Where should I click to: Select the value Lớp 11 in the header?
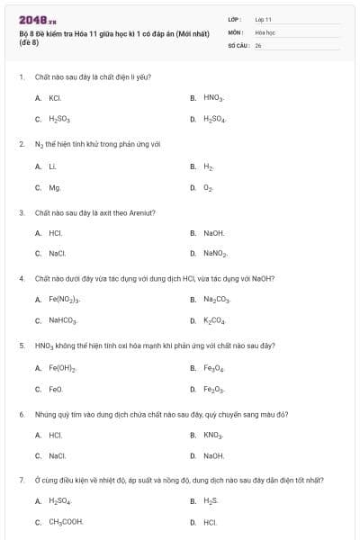point(263,18)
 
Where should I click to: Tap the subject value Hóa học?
point(265,31)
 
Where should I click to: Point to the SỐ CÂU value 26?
point(258,45)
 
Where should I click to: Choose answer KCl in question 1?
point(55,97)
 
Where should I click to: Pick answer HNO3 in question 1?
point(213,97)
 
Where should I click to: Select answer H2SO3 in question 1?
point(59,119)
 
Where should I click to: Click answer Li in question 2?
point(52,166)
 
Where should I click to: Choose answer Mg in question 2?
point(54,187)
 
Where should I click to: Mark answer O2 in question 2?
point(209,187)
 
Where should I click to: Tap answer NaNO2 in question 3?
point(215,254)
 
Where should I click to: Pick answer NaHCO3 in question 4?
point(63,320)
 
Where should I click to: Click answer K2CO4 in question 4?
point(215,320)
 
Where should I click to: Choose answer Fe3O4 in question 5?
point(213,367)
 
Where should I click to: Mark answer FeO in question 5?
point(56,389)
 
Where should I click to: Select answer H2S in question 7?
point(211,499)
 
